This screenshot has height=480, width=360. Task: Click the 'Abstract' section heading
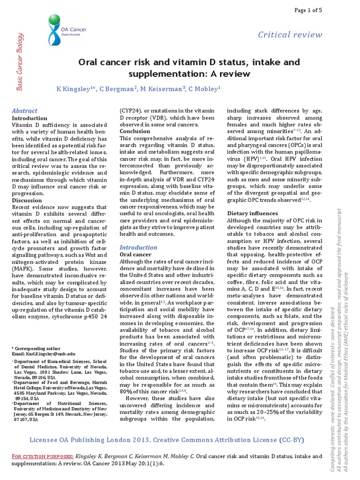[x=24, y=111]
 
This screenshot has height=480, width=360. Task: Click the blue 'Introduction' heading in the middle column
[x=138, y=247]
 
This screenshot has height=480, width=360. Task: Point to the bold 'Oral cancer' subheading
[x=135, y=254]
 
